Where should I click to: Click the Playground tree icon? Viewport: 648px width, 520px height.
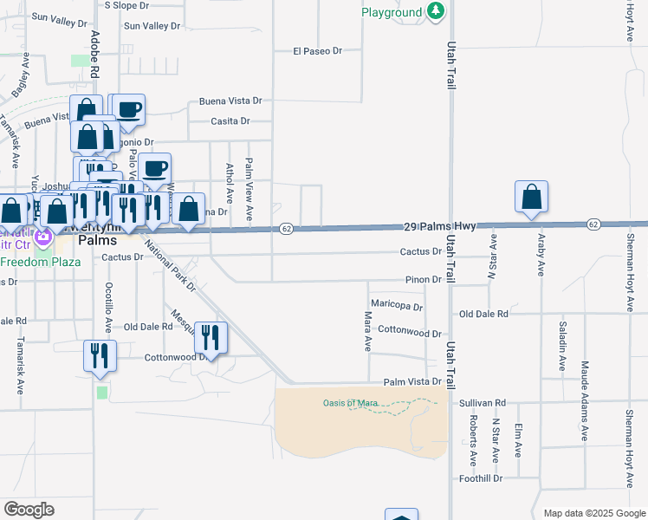[x=437, y=12]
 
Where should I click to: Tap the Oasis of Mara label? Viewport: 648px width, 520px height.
[x=353, y=402]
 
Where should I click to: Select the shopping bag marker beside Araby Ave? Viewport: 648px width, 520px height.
[x=531, y=198]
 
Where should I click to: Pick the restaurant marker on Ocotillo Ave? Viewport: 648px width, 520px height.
[x=100, y=355]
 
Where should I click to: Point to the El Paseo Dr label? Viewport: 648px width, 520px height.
[x=317, y=51]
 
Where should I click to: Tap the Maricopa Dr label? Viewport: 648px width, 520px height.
[x=396, y=306]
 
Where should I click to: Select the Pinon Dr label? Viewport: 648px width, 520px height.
[x=424, y=280]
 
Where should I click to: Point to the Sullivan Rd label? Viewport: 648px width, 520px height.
[x=483, y=403]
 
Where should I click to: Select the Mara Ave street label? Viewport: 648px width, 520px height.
[x=367, y=331]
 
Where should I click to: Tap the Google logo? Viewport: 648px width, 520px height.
[x=29, y=510]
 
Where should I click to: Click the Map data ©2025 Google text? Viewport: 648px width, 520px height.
[x=593, y=513]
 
